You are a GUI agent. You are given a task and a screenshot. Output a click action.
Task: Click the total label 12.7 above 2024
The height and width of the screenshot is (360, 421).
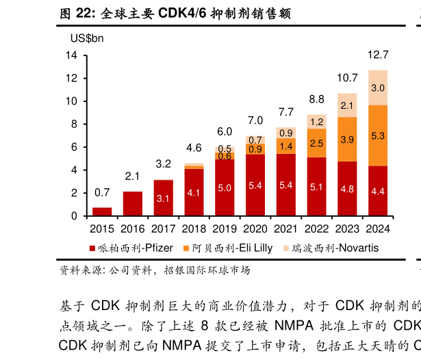pyautogui.click(x=378, y=55)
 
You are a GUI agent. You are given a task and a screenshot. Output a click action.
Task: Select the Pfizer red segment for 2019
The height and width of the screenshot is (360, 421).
pyautogui.click(x=225, y=188)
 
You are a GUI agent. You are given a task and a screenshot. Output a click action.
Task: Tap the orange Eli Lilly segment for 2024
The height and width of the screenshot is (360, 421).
pyautogui.click(x=378, y=136)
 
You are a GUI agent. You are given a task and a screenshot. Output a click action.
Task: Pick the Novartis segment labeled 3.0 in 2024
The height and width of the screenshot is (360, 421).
pyautogui.click(x=378, y=88)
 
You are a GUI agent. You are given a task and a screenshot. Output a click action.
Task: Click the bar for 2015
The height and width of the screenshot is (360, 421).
pyautogui.click(x=102, y=211)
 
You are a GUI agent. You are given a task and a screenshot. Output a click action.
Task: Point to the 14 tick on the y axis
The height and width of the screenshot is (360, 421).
pyautogui.click(x=71, y=55)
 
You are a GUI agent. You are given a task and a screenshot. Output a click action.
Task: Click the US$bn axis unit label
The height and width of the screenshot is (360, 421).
pyautogui.click(x=82, y=39)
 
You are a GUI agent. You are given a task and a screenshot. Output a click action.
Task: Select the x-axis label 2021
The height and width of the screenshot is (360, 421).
pyautogui.click(x=285, y=229)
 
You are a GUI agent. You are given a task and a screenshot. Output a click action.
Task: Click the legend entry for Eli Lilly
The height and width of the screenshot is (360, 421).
pyautogui.click(x=227, y=248)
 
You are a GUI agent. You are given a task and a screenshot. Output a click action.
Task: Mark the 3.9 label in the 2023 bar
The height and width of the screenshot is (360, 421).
pyautogui.click(x=347, y=140)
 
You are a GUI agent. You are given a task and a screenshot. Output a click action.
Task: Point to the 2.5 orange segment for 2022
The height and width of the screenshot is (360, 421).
pyautogui.click(x=316, y=143)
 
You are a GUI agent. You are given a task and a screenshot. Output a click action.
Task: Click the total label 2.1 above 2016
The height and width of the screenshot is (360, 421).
pyautogui.click(x=132, y=177)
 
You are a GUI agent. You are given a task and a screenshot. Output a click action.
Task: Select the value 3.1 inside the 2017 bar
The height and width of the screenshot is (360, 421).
pyautogui.click(x=163, y=198)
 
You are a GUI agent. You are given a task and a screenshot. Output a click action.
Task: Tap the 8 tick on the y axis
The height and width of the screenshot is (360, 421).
pyautogui.click(x=75, y=124)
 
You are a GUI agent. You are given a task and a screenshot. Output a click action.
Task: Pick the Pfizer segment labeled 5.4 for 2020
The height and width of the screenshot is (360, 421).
pyautogui.click(x=255, y=185)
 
